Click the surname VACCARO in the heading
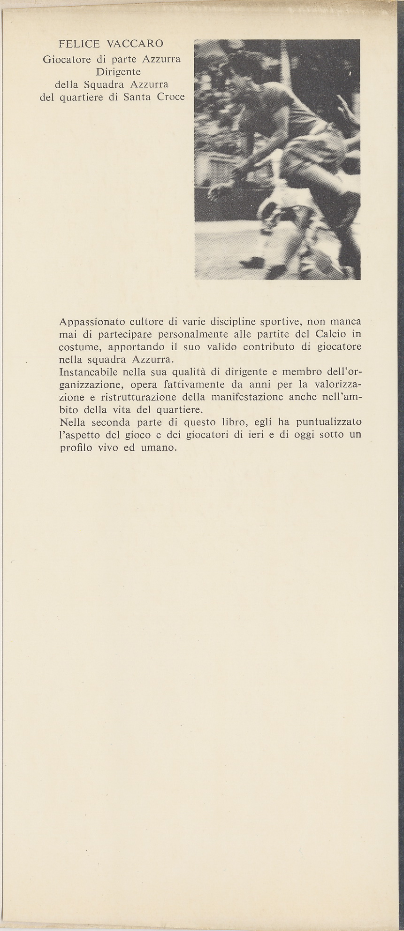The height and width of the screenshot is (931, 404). (x=135, y=44)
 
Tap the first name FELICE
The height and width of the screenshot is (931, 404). (x=79, y=44)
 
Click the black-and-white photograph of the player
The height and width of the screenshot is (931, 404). (x=277, y=159)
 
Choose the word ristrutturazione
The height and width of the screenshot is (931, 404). (x=136, y=397)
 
